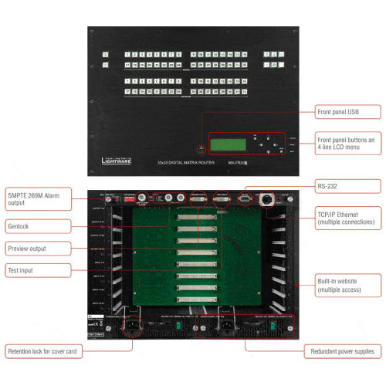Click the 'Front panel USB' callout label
[x=347, y=112]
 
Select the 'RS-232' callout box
[x=347, y=186]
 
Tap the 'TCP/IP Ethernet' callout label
[x=347, y=218]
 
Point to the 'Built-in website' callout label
[x=347, y=283]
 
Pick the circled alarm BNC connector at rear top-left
[x=143, y=197]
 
